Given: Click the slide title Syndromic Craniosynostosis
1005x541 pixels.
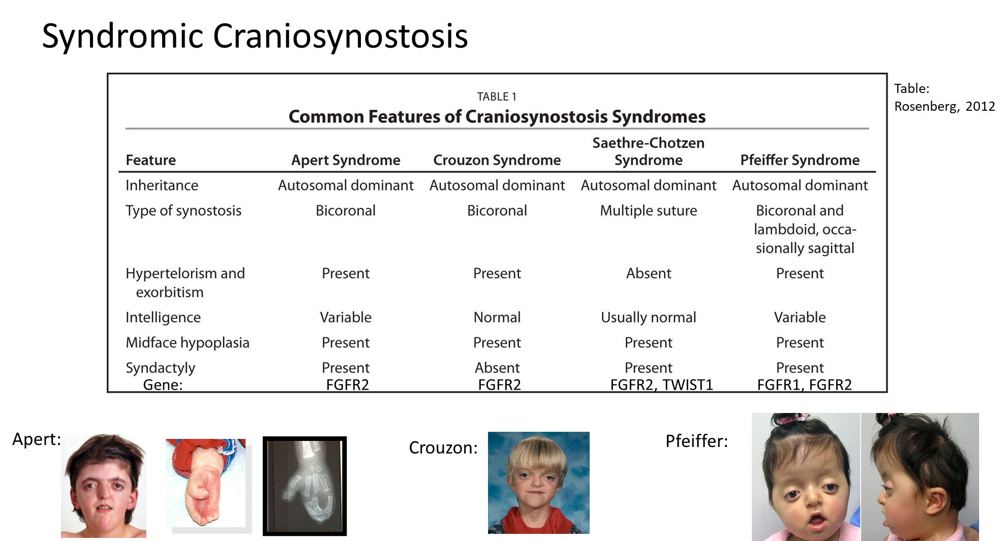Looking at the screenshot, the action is point(255,37).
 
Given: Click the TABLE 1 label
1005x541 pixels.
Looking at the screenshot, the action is point(497,97).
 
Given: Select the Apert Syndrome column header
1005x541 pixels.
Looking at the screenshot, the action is point(346,160).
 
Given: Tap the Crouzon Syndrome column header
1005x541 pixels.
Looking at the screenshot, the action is point(497,160).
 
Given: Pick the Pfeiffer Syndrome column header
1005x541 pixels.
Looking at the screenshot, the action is point(800,160).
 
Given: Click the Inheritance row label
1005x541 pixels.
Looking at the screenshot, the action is point(162,185).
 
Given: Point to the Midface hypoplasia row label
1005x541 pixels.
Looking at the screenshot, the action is point(188,343).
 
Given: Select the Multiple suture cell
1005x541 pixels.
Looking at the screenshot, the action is point(648,211).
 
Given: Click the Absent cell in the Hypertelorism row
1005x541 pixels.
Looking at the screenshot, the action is point(649,273).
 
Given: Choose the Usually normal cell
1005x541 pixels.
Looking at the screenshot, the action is point(648,317).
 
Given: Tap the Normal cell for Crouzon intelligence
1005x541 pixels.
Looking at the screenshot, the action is point(497,317).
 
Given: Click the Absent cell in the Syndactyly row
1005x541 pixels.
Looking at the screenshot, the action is point(497,368).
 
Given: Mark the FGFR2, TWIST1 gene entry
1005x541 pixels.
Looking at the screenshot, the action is point(661,385).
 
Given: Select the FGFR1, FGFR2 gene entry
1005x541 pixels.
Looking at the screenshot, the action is point(804,385).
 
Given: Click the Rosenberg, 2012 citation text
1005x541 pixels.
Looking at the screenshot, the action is point(945,106).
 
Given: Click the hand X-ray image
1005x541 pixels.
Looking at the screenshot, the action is point(304,486).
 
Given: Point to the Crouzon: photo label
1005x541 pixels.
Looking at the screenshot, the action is point(443,448).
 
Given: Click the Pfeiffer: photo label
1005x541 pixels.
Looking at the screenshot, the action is point(696,441).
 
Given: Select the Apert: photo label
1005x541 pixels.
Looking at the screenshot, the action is point(37,439).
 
